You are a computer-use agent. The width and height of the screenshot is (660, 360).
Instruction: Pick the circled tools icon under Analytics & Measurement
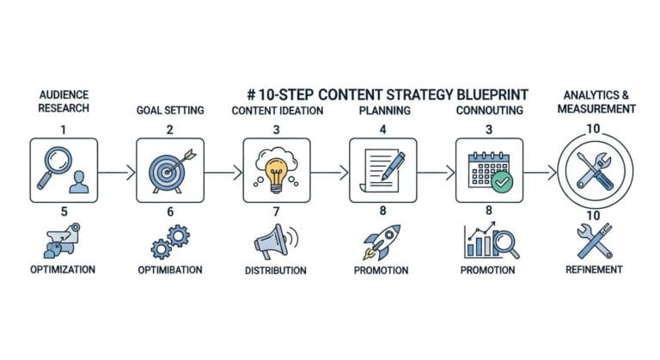pos(592,171)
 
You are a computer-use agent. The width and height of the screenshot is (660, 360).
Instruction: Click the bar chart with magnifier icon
pos(490,241)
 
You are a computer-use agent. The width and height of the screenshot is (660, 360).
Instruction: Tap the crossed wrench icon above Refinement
pos(592,241)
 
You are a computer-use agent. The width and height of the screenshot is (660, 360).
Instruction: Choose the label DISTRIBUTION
pos(274,271)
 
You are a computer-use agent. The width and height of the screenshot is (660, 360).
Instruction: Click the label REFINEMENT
pos(592,270)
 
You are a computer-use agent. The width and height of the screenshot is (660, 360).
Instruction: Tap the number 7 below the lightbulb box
pos(276,211)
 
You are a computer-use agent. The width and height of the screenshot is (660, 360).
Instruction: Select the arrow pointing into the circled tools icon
pos(540,172)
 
